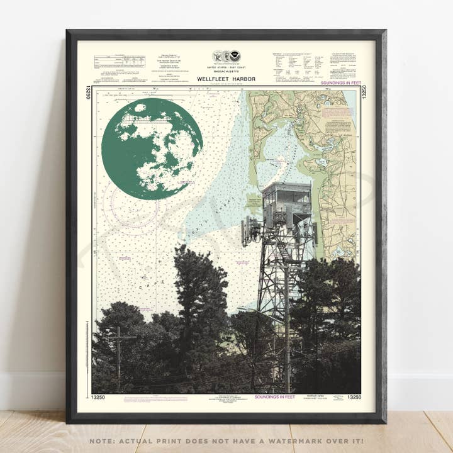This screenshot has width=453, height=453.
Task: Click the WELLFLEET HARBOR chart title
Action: point(226,79)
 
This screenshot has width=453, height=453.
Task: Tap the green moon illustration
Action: point(152,148)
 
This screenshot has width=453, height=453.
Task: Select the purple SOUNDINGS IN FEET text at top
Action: point(340,83)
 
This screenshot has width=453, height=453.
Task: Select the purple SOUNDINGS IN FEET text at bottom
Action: point(274,397)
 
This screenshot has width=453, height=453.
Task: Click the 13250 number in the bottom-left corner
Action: point(98,397)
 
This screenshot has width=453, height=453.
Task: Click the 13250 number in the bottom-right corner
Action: point(354,397)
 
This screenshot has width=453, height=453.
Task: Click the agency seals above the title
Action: point(226,56)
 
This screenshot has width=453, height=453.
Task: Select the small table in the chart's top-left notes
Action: point(120,62)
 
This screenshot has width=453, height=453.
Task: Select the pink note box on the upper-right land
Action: point(338,113)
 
